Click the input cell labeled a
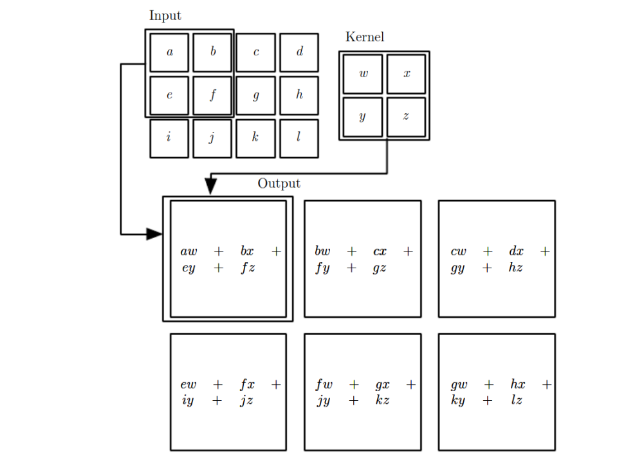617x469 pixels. (x=169, y=53)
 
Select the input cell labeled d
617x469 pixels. (x=299, y=53)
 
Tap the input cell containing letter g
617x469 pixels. (x=255, y=96)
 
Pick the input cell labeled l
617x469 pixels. (x=299, y=138)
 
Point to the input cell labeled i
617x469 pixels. (x=169, y=138)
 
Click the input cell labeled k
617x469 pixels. (x=255, y=138)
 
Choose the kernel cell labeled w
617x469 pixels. (x=363, y=74)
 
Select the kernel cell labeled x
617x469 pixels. (x=406, y=74)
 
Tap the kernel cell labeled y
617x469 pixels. (x=363, y=116)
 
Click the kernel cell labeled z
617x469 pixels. (x=406, y=116)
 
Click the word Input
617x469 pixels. (x=165, y=15)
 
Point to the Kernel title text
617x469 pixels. (x=365, y=37)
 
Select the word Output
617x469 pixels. (x=279, y=183)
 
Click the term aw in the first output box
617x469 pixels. (x=189, y=252)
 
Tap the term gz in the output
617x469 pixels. (x=380, y=268)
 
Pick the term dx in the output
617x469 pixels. (x=516, y=252)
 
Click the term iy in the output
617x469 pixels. (x=187, y=400)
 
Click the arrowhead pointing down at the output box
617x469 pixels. (x=210, y=186)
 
